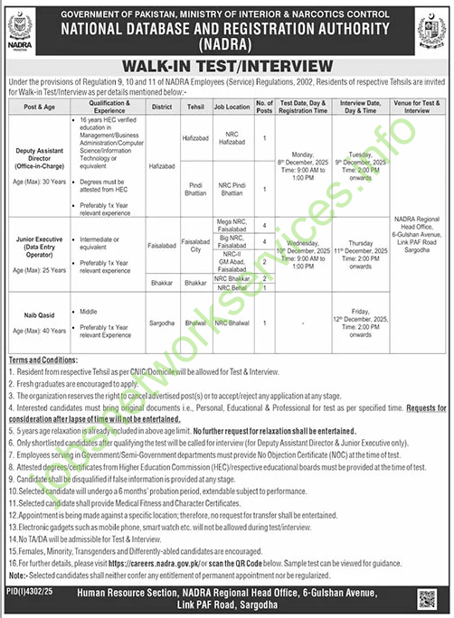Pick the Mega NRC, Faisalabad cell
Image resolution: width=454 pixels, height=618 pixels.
[x=231, y=225]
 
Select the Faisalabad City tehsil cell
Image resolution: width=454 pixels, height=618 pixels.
[x=196, y=244]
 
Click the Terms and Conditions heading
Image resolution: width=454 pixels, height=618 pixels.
[x=37, y=359]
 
